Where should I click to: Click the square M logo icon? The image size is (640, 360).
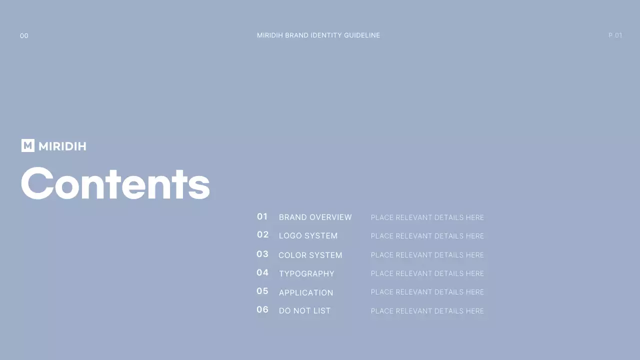click(28, 145)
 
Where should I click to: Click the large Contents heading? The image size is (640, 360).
click(115, 183)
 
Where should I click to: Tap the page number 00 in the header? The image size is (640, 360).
click(24, 35)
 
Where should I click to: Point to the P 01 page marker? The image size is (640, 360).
click(615, 35)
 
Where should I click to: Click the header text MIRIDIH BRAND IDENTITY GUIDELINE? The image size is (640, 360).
click(318, 35)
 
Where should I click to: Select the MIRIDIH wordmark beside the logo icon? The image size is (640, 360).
click(62, 146)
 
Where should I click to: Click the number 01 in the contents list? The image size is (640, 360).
click(262, 216)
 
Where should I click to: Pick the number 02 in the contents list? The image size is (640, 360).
click(263, 234)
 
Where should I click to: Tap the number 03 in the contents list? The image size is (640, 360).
click(262, 254)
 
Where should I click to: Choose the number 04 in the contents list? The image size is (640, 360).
click(262, 272)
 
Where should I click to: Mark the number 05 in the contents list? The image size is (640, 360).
click(262, 291)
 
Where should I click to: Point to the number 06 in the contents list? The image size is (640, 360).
click(262, 309)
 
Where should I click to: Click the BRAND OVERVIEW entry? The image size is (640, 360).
click(315, 217)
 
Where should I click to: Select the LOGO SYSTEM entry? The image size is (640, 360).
click(308, 235)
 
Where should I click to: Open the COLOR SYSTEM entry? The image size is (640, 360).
click(310, 255)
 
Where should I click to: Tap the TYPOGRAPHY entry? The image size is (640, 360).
click(306, 273)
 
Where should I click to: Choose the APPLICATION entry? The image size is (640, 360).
click(306, 292)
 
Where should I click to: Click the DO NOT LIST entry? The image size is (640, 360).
click(305, 310)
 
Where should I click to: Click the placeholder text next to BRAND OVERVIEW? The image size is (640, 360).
click(427, 217)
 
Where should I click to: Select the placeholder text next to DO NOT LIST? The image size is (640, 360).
click(427, 311)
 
